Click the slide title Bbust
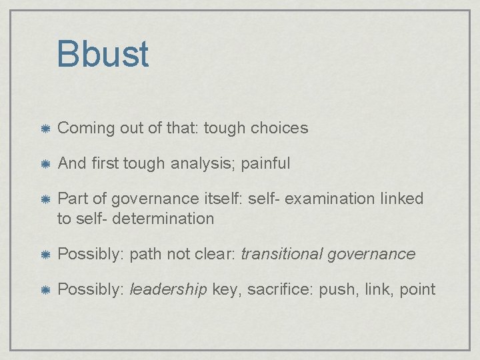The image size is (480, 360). pos(103,54)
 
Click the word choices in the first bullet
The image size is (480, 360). pos(279,128)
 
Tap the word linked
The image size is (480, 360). pos(401,199)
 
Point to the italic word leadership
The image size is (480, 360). pos(168,289)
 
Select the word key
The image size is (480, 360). pos(225,289)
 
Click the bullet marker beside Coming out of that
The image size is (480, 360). pos(43,128)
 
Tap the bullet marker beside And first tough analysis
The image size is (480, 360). pos(43,163)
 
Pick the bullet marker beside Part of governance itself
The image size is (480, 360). pos(43,199)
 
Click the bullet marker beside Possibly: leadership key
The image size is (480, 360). pos(43,289)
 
